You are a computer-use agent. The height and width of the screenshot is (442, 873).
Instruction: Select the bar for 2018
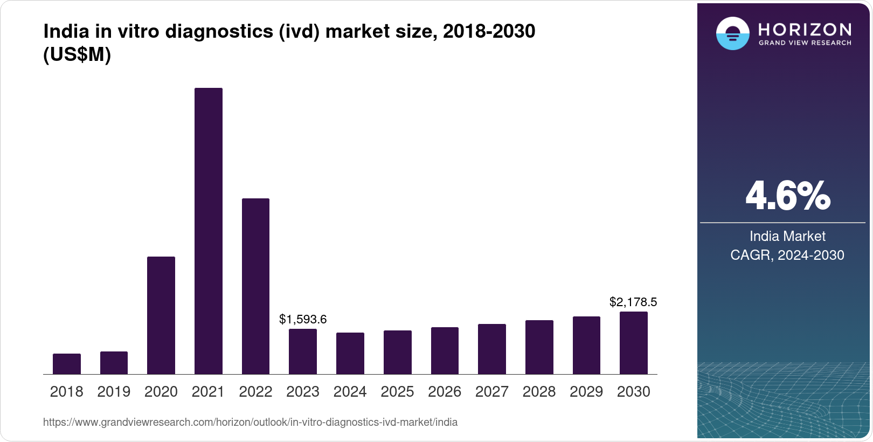click(x=67, y=364)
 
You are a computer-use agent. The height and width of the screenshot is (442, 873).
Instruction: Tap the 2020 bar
click(x=161, y=315)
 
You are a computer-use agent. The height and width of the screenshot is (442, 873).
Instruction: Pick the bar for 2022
click(x=255, y=286)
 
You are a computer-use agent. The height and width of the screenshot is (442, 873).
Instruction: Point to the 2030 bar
click(x=634, y=343)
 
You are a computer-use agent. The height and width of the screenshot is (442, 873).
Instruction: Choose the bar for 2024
click(x=350, y=353)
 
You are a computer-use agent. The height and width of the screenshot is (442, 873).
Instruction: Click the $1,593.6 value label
click(x=303, y=319)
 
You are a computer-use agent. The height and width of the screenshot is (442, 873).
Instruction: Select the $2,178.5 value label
click(x=633, y=302)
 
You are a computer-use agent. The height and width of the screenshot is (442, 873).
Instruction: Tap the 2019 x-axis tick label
click(x=114, y=392)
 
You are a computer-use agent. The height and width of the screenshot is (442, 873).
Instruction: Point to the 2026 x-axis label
click(x=445, y=392)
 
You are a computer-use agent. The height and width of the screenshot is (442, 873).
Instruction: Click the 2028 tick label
click(x=539, y=392)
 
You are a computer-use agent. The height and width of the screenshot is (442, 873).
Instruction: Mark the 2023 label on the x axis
click(x=303, y=392)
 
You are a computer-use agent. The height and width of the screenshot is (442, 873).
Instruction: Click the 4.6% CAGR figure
click(x=787, y=196)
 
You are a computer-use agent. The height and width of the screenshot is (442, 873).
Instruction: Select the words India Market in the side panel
click(x=787, y=236)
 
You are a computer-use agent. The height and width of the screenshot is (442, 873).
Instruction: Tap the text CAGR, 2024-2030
click(x=787, y=255)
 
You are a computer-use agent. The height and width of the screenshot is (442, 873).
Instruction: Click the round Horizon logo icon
click(x=732, y=33)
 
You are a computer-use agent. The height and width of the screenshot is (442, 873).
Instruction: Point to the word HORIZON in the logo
click(x=805, y=29)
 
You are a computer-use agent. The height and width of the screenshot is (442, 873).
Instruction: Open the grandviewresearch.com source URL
click(x=250, y=422)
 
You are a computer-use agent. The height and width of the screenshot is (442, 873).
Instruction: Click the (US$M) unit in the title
click(x=77, y=55)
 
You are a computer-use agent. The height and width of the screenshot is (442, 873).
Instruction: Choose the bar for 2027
click(x=492, y=349)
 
